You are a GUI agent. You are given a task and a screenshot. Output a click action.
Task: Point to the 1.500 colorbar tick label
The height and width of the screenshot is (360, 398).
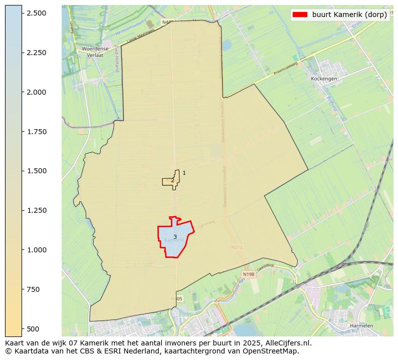tap(36, 171)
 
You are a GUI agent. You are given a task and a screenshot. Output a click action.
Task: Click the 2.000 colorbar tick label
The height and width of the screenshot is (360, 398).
tap(36, 92)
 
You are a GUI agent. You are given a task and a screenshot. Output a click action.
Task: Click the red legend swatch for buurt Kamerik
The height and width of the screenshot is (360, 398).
tap(300, 15)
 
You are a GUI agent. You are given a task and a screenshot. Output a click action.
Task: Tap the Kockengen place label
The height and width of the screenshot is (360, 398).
tap(324, 79)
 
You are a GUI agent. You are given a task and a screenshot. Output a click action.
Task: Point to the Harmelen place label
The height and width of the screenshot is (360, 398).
tap(361, 325)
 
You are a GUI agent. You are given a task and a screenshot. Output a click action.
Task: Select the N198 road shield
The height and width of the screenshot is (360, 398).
tap(248, 274)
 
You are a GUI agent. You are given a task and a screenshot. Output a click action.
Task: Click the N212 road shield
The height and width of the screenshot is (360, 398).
tap(237, 247)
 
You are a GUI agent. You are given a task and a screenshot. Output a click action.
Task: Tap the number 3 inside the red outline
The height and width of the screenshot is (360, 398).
tap(175, 237)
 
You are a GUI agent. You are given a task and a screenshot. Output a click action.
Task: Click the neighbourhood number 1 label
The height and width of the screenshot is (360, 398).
tap(184, 173)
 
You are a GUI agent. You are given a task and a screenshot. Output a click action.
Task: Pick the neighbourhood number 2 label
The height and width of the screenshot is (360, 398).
tap(172, 181)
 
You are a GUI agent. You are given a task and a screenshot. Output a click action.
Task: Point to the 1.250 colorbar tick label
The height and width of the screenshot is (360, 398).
tap(36, 210)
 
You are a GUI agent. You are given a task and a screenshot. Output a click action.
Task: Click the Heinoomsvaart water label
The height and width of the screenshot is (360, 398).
tap(130, 31)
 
